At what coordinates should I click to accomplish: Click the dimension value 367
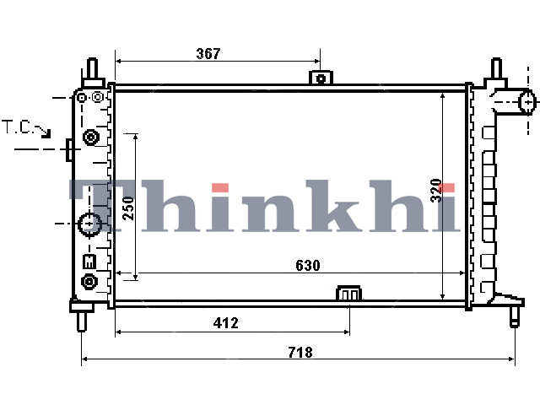[208, 53]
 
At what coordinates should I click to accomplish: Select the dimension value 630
[307, 265]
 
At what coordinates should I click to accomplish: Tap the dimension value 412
[225, 322]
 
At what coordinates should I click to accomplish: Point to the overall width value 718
[300, 353]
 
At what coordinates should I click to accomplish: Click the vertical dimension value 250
[128, 208]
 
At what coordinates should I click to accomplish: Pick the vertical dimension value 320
[436, 191]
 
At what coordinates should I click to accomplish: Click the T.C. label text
[17, 127]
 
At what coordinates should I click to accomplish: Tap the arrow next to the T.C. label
[43, 132]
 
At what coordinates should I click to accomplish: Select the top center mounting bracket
[321, 78]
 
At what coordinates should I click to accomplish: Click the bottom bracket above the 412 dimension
[349, 293]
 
